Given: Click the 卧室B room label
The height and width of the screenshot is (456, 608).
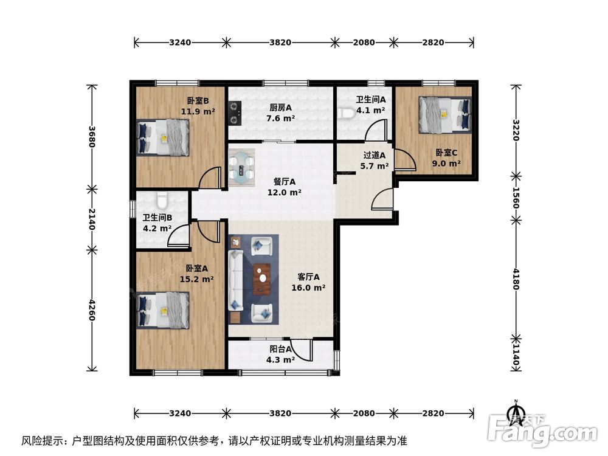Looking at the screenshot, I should [x=198, y=101].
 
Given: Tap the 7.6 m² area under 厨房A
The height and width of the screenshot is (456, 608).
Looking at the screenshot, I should [x=280, y=119].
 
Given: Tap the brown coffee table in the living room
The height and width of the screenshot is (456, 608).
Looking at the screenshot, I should [x=263, y=278].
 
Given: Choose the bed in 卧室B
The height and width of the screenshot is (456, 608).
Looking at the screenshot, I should [x=163, y=137].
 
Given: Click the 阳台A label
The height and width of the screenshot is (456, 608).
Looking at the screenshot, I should [x=281, y=349].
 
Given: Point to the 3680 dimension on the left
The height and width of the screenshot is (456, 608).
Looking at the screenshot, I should [x=91, y=136].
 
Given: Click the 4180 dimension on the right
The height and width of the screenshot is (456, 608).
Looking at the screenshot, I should [x=516, y=278].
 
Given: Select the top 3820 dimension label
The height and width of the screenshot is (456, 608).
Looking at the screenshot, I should [x=280, y=43].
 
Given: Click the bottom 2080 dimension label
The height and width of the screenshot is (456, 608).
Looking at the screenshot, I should [x=364, y=413].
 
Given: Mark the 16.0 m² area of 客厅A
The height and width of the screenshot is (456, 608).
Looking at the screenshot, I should [x=308, y=288].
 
